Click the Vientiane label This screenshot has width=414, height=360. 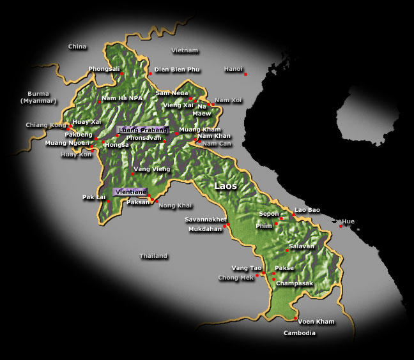130,191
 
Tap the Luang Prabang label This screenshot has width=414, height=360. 142,130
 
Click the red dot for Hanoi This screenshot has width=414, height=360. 245,75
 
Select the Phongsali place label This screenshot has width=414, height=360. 104,69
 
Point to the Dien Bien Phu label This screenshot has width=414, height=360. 177,69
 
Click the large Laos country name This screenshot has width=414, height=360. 226,186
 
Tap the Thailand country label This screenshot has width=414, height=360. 153,256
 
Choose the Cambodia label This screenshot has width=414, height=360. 300,333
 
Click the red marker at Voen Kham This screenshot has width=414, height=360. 296,319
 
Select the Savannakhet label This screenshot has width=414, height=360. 206,220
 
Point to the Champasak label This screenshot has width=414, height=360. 295,283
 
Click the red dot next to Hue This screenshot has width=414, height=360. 341,226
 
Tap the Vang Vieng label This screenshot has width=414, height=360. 151,169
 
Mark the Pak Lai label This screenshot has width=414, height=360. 93,197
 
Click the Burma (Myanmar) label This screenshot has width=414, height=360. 38,97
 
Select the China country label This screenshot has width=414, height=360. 77,47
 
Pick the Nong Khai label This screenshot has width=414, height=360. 175,206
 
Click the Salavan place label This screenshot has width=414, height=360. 302,246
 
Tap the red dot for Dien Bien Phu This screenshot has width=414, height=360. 150,73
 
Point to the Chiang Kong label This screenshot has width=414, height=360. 46,125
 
